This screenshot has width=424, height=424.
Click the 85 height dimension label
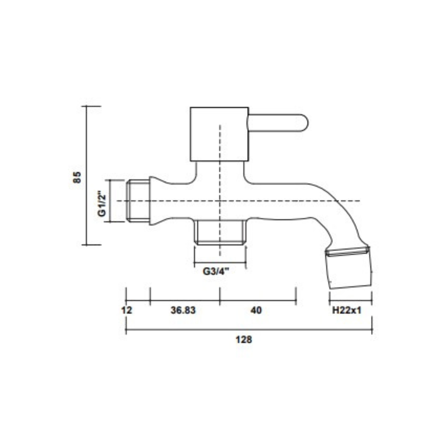pos(77,177)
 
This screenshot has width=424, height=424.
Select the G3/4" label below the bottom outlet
pos(216,272)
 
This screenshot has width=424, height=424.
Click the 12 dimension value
pos(128,310)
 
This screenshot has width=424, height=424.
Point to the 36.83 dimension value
pos(183,310)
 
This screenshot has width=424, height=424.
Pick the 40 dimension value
pos(256,310)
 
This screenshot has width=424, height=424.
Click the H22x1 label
pos(347,310)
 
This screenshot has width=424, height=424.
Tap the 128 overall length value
pos(243,340)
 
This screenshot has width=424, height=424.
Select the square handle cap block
pos(219,134)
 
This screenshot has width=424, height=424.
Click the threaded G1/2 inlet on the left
pos(137,201)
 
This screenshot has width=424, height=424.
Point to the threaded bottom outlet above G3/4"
pos(220,233)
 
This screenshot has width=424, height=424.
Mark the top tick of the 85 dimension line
pos(87,106)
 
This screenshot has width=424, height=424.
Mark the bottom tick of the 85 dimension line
pos(87,245)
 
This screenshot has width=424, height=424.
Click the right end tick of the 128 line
pos(372,330)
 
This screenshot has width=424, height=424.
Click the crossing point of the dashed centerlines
pos(220,201)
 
